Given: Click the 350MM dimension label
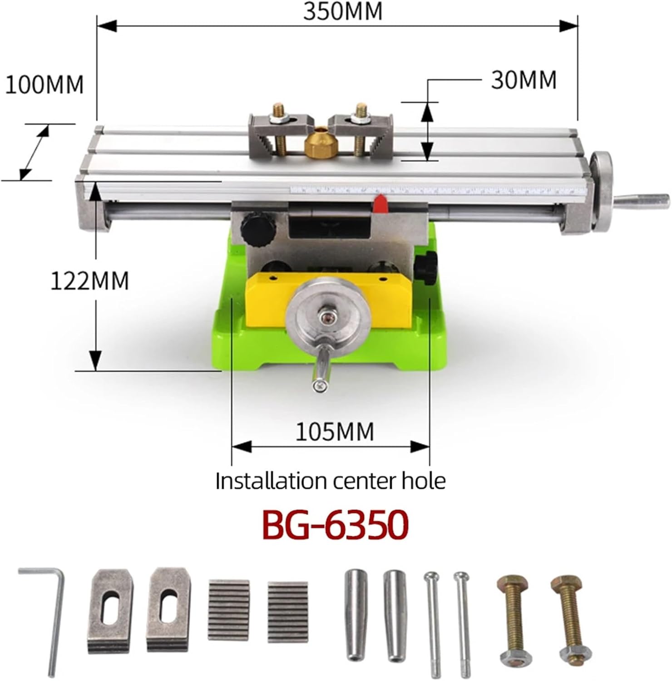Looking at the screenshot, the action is coord(343,11).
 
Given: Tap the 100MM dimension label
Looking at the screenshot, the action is coord(44,84).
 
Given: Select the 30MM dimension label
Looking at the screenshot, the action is coord(524,80).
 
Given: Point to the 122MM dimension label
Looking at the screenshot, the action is coord(89,281).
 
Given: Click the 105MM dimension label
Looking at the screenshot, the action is coord(335,431).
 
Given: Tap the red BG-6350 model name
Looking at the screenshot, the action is coord(336,525).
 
